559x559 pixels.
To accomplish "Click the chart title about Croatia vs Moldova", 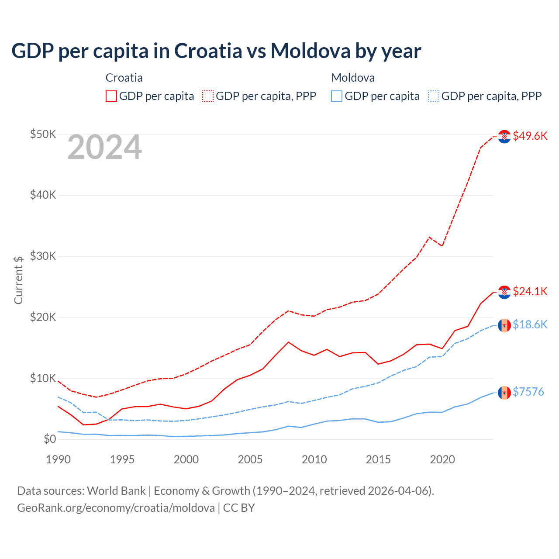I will point(216,51).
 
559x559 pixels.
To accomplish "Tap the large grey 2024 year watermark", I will point(105,147).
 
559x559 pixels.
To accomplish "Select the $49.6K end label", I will point(530,136).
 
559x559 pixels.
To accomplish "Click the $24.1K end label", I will point(530,291).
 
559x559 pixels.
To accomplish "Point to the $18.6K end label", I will point(530,324).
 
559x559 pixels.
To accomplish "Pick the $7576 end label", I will point(528,392).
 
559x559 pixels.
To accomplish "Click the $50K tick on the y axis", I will point(43,134).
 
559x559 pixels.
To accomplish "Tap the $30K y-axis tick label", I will point(43,256).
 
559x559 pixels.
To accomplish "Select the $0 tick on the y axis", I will point(50,439).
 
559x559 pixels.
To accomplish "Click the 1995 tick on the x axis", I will point(122,459).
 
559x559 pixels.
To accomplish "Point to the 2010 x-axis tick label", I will point(314,459).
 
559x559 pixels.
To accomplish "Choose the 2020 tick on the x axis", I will point(442,459).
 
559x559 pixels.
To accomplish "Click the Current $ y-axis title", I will point(18,280).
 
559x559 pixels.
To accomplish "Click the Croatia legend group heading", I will point(124,78).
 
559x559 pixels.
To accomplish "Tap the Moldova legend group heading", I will point(353,78).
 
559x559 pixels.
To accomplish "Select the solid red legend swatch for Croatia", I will point(111,96).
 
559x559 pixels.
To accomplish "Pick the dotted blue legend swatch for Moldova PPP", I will point(434,96).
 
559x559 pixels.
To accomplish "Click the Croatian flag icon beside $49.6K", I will point(504,136).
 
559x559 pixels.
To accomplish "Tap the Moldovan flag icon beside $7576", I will point(504,393).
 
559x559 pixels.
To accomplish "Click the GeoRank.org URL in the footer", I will point(116,508).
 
